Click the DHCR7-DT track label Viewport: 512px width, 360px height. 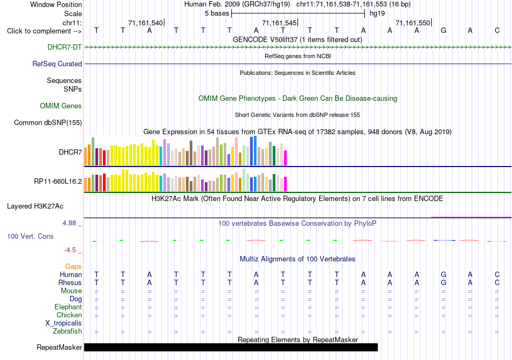64,47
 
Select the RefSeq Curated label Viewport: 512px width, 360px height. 57,64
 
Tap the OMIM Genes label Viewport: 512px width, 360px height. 61,106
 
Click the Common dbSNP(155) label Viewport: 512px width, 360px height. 48,122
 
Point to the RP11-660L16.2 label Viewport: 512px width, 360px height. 58,181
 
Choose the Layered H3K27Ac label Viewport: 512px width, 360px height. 35,206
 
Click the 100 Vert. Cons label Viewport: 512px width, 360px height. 30,236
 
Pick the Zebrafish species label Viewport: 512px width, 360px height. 67,331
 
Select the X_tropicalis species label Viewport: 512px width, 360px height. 64,323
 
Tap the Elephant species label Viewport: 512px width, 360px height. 68,307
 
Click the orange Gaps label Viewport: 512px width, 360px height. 73,267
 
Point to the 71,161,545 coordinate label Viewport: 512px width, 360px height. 279,23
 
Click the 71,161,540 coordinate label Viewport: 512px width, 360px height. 146,23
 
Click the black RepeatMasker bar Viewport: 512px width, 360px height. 231,347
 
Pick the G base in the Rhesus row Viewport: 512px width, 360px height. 444,282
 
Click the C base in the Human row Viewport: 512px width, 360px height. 497,274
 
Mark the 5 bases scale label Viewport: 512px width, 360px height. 217,13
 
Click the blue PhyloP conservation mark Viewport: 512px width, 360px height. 444,240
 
